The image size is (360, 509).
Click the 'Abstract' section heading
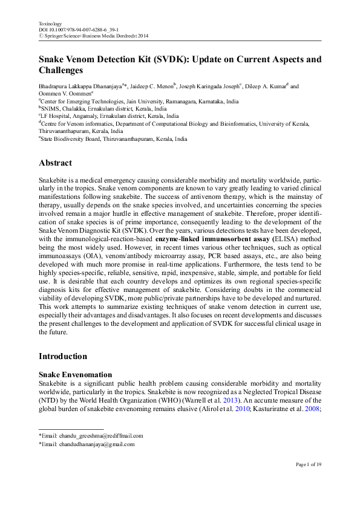(55, 163)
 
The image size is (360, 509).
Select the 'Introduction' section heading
(63, 356)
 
